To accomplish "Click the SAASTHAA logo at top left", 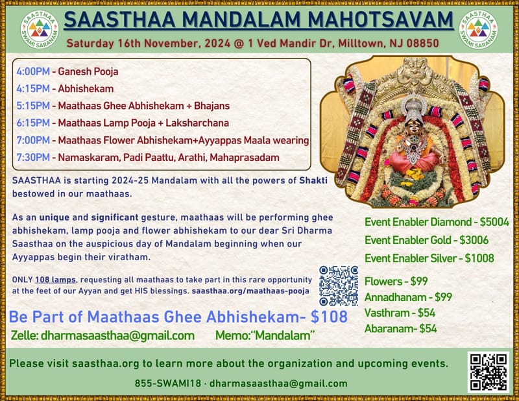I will [40, 29].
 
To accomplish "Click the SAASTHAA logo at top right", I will [480, 29].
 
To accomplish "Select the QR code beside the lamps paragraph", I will [339, 286].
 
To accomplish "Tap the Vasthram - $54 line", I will [400, 313].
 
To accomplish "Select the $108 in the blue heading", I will [327, 317].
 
